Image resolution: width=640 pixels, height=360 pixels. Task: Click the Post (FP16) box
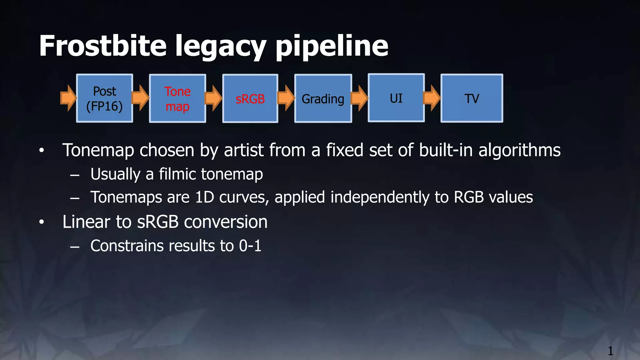coord(104,98)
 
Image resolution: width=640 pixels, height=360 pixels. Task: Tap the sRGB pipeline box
coord(250,99)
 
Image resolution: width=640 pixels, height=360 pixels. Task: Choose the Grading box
coord(323,99)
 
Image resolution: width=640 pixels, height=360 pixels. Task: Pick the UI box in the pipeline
coord(396,98)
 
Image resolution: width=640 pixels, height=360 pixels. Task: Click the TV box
coord(472,98)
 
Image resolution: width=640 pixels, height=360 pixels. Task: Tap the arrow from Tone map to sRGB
coord(213,98)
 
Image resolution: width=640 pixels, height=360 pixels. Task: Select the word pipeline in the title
coord(332,47)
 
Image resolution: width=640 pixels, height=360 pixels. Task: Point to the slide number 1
coord(610,351)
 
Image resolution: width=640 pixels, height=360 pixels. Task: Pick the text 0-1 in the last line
coord(250,246)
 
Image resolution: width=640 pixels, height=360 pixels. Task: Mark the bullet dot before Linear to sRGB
coord(42,222)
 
